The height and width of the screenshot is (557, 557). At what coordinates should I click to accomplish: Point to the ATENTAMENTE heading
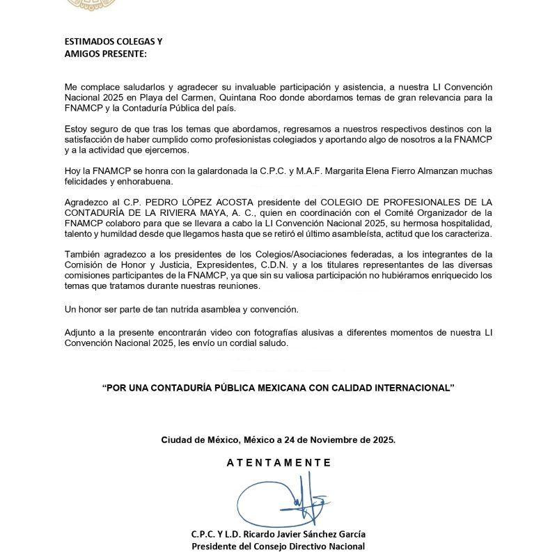(278, 462)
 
